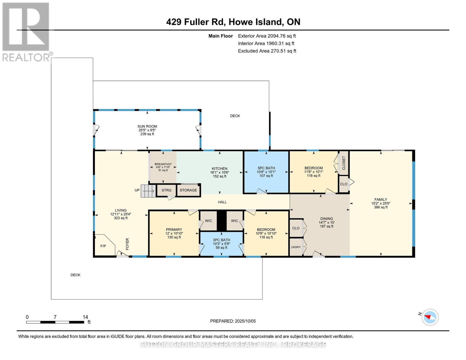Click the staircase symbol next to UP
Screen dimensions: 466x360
pyautogui.click(x=148, y=191)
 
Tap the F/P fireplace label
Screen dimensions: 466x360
pyautogui.click(x=103, y=246)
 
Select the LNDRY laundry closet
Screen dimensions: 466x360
pyautogui.click(x=296, y=247)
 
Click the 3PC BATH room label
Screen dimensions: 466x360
pyautogui.click(x=221, y=240)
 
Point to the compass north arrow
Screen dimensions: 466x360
pyautogui.click(x=427, y=317)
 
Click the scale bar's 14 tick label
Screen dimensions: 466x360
pyautogui.click(x=85, y=317)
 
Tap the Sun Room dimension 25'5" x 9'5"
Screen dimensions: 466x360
pyautogui.click(x=147, y=130)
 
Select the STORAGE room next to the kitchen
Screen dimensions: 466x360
pyautogui.click(x=188, y=190)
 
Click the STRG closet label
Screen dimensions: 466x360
pyautogui.click(x=167, y=190)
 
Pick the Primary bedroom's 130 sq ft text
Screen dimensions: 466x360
pyautogui.click(x=174, y=237)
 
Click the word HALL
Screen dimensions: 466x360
pyautogui.click(x=222, y=202)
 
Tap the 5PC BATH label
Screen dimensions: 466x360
pyautogui.click(x=266, y=168)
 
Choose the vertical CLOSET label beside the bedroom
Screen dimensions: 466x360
pyautogui.click(x=344, y=163)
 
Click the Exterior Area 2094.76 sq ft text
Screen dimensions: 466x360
pyautogui.click(x=267, y=36)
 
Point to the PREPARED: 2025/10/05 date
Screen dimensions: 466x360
pyautogui.click(x=233, y=321)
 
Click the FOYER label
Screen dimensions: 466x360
pyautogui.click(x=128, y=244)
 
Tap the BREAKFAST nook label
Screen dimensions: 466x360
pyautogui.click(x=163, y=164)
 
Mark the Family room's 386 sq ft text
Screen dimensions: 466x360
pyautogui.click(x=381, y=207)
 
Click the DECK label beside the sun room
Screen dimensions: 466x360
pyautogui.click(x=235, y=116)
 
